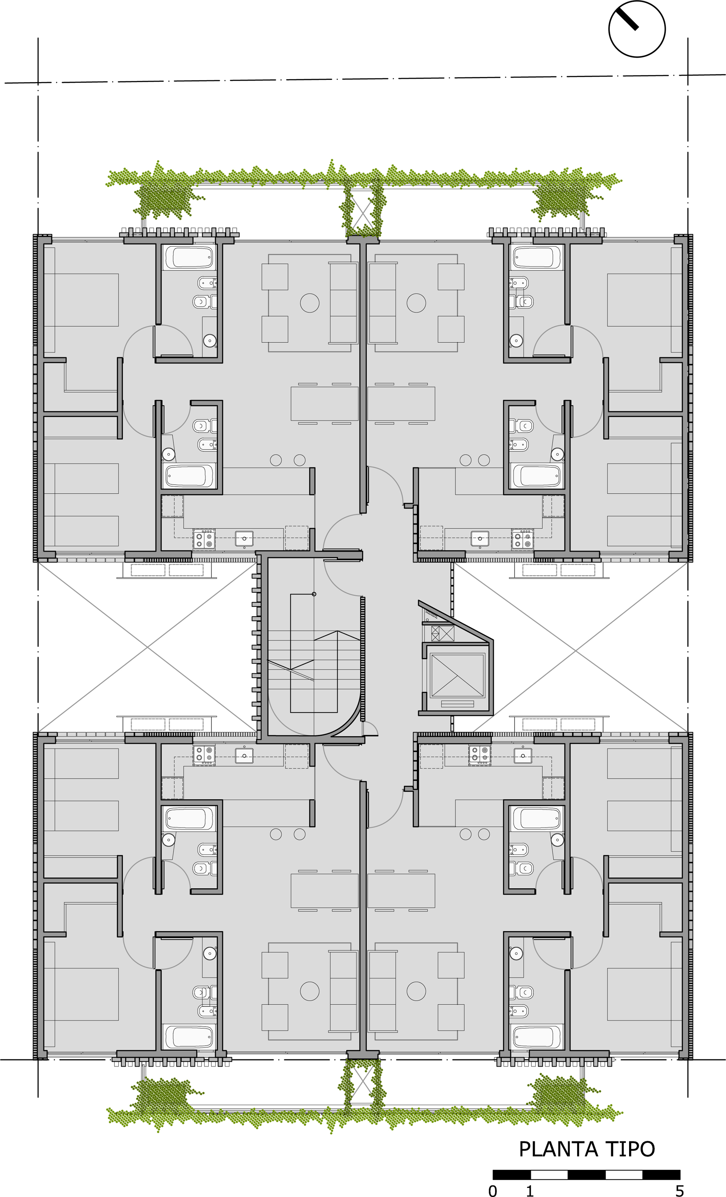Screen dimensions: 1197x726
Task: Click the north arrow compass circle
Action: click(x=637, y=29)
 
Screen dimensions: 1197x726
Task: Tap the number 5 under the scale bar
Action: click(x=680, y=1190)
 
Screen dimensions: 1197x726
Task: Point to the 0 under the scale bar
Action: click(x=493, y=1190)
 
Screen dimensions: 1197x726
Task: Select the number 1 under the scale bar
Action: click(x=530, y=1190)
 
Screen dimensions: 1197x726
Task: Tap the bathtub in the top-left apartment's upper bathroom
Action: click(x=189, y=257)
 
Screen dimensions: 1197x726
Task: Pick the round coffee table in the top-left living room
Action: click(x=309, y=303)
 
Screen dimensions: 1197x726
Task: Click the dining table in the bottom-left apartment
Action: click(x=325, y=890)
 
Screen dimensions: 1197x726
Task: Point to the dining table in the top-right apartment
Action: click(x=401, y=403)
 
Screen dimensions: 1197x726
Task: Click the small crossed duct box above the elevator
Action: click(x=442, y=633)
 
